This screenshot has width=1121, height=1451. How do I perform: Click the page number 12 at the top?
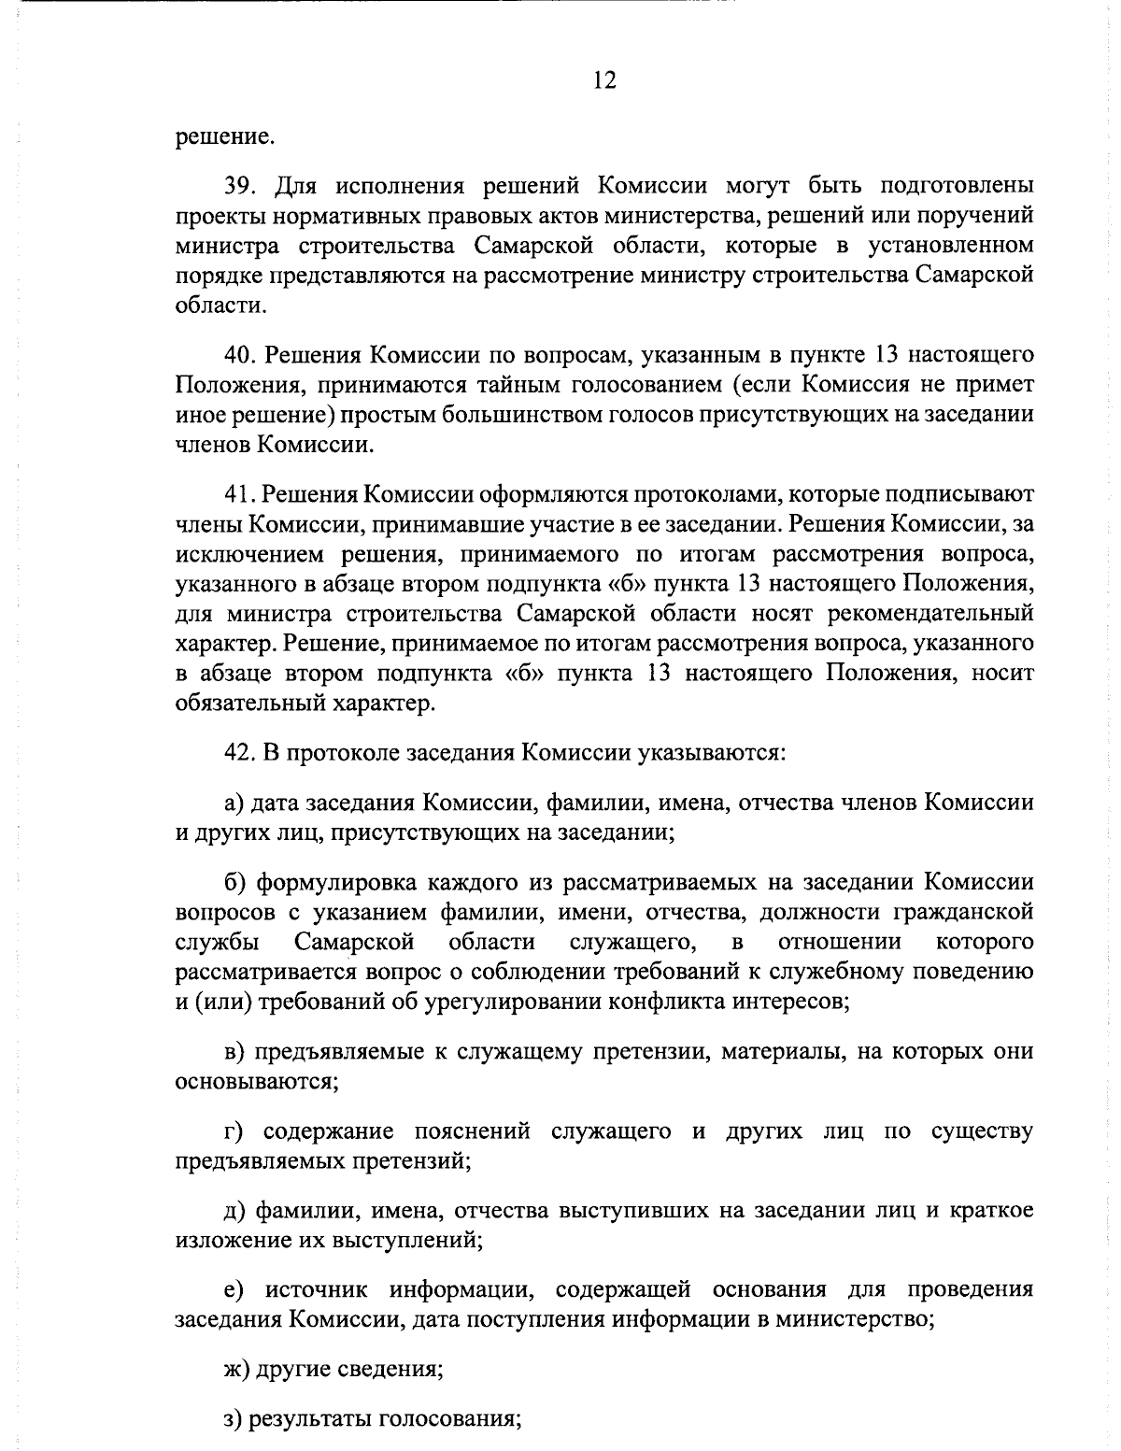tap(603, 80)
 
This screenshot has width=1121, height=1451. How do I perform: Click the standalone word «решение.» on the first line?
tap(224, 138)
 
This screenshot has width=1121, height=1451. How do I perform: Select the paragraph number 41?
tap(239, 493)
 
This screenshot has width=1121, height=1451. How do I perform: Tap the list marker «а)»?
tap(234, 802)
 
